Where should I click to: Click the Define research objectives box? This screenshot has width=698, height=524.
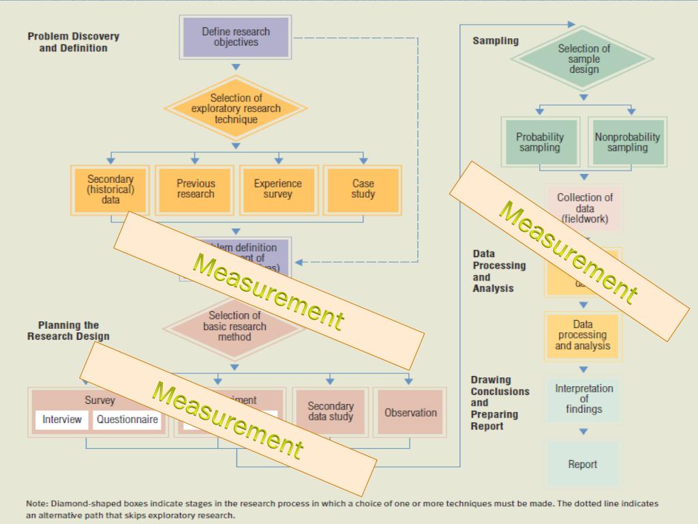point(236,37)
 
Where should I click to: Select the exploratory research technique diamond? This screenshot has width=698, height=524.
point(236,108)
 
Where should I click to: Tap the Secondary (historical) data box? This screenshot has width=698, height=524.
point(110,189)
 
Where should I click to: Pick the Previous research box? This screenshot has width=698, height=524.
point(196,188)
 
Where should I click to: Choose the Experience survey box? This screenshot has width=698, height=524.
point(277,188)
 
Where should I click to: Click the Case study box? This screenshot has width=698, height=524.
point(363,188)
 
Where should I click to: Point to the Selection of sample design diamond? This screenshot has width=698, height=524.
point(583,59)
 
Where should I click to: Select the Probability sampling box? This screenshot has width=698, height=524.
point(540,142)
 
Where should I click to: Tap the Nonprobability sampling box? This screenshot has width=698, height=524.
point(627,142)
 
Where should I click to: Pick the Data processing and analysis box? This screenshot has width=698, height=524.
point(582,335)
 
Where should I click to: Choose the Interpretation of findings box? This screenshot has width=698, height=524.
point(583,398)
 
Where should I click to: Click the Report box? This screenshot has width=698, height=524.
point(583,465)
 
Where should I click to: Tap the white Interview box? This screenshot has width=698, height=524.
point(62,420)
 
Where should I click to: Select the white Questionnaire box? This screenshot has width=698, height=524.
point(127,420)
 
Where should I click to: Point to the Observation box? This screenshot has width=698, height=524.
point(410,412)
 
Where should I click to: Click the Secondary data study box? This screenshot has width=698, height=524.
point(331,411)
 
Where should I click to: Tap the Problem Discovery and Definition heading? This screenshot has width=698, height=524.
point(73,42)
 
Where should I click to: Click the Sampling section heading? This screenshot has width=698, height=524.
point(496,41)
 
